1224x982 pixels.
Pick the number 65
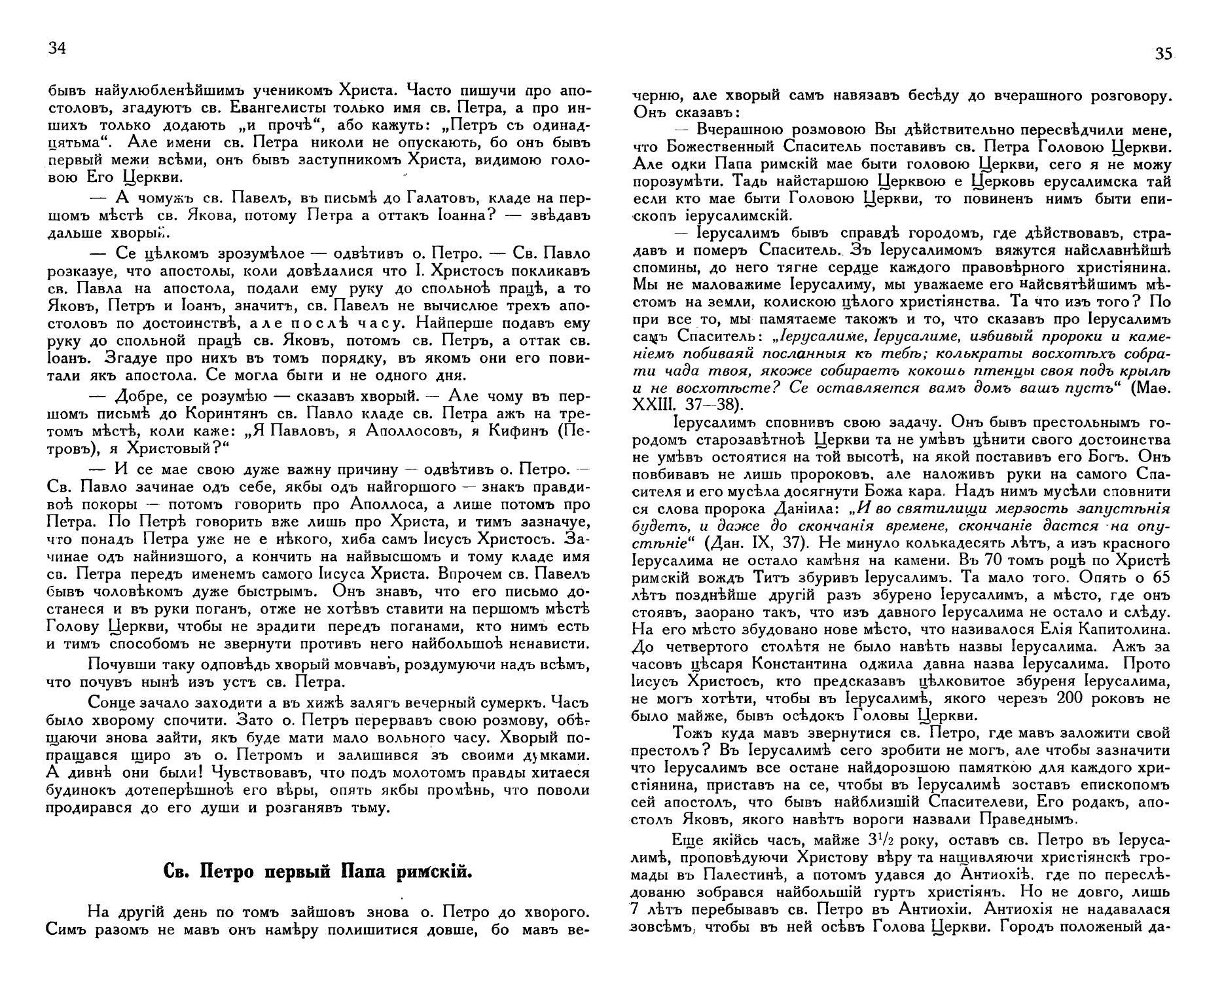click(x=1155, y=579)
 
